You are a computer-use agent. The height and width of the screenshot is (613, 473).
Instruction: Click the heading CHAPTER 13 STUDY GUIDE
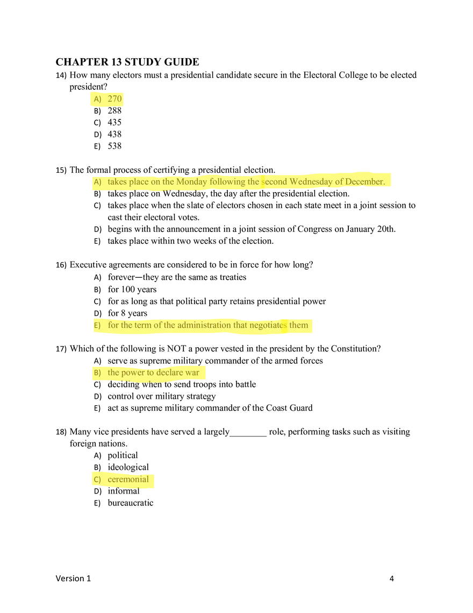(x=127, y=62)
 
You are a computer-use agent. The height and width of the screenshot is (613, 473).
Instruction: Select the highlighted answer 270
(x=115, y=98)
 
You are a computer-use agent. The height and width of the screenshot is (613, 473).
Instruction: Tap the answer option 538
(x=115, y=146)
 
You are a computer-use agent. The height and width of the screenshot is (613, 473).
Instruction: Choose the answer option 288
(x=115, y=111)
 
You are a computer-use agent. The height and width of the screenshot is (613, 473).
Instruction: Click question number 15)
(x=61, y=170)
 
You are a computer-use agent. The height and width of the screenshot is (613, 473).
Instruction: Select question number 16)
(x=61, y=265)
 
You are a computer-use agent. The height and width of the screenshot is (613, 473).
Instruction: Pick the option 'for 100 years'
(x=132, y=290)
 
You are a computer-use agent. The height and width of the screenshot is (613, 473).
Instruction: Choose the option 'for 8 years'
(x=127, y=313)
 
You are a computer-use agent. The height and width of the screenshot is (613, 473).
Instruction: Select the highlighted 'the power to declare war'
(x=154, y=372)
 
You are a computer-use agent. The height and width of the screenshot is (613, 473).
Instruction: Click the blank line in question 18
(x=248, y=435)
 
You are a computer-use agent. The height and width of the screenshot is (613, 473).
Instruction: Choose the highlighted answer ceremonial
(x=128, y=480)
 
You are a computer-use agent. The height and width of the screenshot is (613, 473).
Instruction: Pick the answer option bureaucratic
(x=131, y=503)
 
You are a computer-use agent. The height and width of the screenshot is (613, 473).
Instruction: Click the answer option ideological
(x=128, y=467)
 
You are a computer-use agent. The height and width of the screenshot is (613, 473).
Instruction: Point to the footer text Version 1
(x=73, y=578)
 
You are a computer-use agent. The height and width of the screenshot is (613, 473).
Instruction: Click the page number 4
(x=392, y=579)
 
